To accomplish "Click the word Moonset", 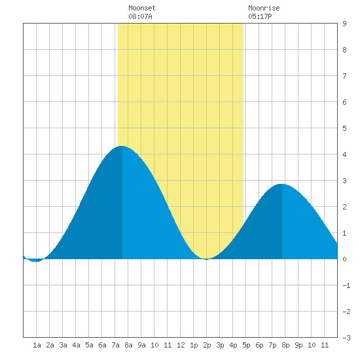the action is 142,8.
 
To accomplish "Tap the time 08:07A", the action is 140,16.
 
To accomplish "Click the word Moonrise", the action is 264,8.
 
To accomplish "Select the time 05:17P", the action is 260,16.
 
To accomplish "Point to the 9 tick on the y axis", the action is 344,24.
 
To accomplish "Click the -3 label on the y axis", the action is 346,338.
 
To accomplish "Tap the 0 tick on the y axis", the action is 344,259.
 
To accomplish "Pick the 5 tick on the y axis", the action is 344,128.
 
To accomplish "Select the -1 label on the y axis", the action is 346,285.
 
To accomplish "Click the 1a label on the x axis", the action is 37,345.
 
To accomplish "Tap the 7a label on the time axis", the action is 115,345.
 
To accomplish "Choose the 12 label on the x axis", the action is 181,345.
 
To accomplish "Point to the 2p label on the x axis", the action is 207,345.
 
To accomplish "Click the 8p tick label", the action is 285,345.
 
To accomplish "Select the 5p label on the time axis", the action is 246,345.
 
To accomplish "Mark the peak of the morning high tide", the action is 122,146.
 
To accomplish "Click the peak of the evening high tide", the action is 281,184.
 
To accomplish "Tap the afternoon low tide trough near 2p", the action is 206,259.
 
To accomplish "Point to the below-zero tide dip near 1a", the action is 35,261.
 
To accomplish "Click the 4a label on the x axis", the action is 76,345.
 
